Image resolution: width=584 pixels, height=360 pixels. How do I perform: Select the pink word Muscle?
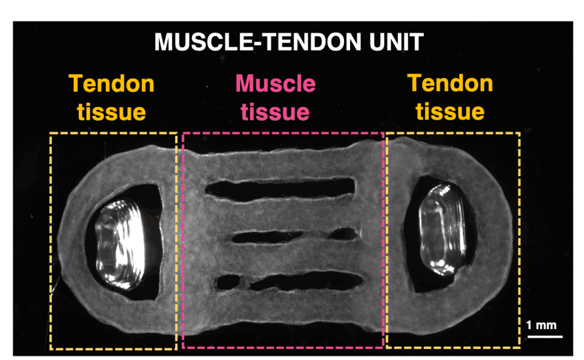tap(275, 83)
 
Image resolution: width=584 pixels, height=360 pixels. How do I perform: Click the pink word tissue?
tap(275, 112)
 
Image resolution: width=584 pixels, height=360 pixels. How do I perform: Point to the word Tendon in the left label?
tap(111, 83)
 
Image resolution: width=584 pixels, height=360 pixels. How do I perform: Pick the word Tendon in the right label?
tap(450, 83)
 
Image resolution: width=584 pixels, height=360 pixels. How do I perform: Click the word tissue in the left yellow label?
tap(111, 112)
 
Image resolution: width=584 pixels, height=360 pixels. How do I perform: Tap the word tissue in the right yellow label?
tap(450, 111)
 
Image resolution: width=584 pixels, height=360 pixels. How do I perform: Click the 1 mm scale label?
tap(541, 325)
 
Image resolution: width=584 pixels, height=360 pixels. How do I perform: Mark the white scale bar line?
tap(545, 337)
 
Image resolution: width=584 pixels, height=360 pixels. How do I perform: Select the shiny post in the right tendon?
tap(443, 229)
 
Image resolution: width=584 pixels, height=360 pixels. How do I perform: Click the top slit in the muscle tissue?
tap(280, 189)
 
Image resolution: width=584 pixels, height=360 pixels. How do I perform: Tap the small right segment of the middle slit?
tap(344, 234)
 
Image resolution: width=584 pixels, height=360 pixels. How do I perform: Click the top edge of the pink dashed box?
tap(283, 133)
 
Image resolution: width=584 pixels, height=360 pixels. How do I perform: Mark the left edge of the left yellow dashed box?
tap(51, 241)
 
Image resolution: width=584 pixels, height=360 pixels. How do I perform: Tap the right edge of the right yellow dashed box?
tap(519, 240)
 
